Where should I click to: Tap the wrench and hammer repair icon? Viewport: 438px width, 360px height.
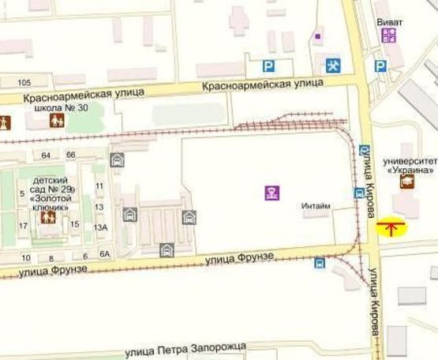pyautogui.click(x=333, y=65)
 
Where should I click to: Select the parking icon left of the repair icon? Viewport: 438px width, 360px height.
pyautogui.click(x=271, y=66)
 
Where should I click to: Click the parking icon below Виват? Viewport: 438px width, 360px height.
pyautogui.click(x=380, y=66)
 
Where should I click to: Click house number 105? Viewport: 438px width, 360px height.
pyautogui.click(x=23, y=83)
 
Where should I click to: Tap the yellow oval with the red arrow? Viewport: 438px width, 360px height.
pyautogui.click(x=391, y=229)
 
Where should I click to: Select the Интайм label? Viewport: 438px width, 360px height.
pyautogui.click(x=316, y=206)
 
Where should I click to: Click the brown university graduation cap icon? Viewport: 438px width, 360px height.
pyautogui.click(x=406, y=182)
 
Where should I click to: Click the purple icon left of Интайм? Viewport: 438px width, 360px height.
pyautogui.click(x=271, y=191)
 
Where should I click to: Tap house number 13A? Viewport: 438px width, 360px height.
pyautogui.click(x=100, y=227)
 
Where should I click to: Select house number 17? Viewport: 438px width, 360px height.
pyautogui.click(x=23, y=226)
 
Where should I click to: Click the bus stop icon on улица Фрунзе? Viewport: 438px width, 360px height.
pyautogui.click(x=320, y=263)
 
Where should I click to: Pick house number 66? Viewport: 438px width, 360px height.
pyautogui.click(x=71, y=155)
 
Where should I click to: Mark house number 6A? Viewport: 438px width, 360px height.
pyautogui.click(x=105, y=253)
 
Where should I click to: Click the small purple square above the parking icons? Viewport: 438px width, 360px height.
pyautogui.click(x=318, y=36)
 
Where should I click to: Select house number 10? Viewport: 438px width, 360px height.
pyautogui.click(x=26, y=258)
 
